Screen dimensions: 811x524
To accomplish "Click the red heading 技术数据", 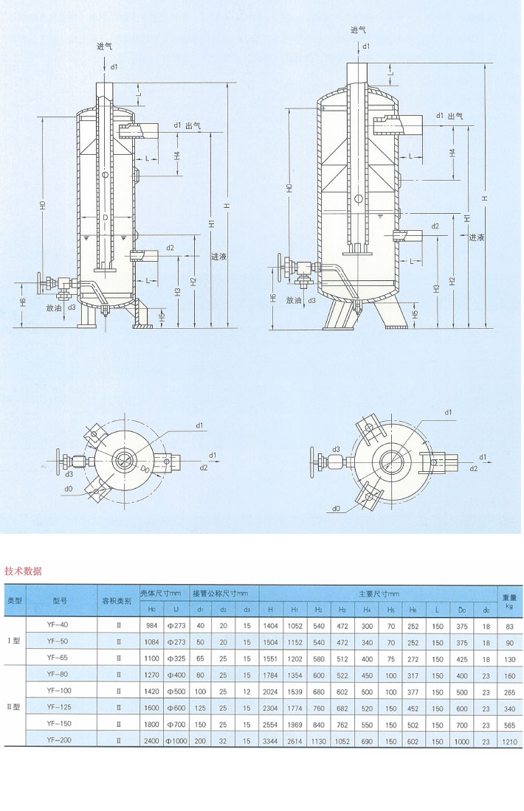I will (23, 571).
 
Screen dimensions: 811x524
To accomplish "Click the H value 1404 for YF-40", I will (273, 625).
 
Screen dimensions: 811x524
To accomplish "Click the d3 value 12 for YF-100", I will (247, 690).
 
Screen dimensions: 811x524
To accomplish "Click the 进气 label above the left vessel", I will (105, 46).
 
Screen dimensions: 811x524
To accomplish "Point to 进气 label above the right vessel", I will (358, 29).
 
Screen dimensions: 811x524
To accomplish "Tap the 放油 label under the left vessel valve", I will (54, 307).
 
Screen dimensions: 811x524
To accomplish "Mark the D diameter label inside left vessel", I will (106, 219).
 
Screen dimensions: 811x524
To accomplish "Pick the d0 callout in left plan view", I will (69, 487).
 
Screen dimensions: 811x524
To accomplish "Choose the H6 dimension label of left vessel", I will (23, 302).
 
